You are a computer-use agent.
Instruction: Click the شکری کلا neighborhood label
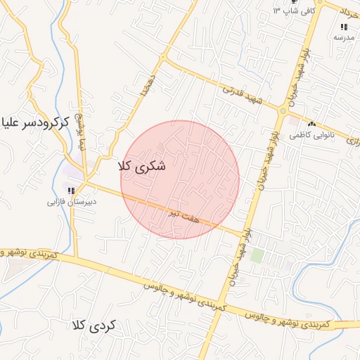point(144,167)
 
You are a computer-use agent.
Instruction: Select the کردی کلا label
point(96,326)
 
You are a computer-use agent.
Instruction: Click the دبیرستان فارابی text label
point(72,202)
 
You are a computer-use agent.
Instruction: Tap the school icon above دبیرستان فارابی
point(71,190)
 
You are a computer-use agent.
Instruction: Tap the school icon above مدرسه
point(343,26)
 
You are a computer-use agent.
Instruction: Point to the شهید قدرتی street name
point(241,96)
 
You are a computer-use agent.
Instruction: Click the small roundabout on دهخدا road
point(163,57)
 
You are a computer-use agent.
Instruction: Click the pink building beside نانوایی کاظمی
point(293,122)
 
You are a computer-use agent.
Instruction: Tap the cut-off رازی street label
point(352,141)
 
